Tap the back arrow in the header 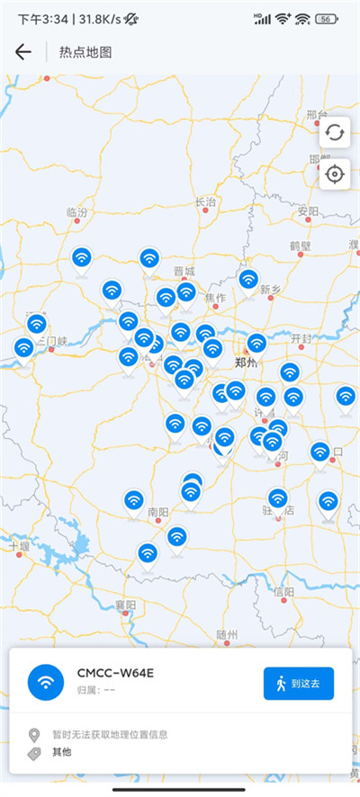(x=23, y=52)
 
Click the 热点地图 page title (x=85, y=52)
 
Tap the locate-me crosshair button (x=335, y=174)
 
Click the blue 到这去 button (x=299, y=684)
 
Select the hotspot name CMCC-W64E (x=114, y=673)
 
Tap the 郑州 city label (x=245, y=363)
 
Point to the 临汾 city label (x=78, y=212)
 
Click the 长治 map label (x=206, y=201)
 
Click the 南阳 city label (x=158, y=513)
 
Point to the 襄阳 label (x=126, y=604)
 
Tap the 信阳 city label (x=283, y=591)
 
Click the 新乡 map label (x=271, y=290)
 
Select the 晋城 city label (x=184, y=271)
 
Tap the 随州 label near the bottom (x=228, y=634)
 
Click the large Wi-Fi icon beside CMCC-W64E (x=46, y=682)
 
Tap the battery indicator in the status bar (x=327, y=18)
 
